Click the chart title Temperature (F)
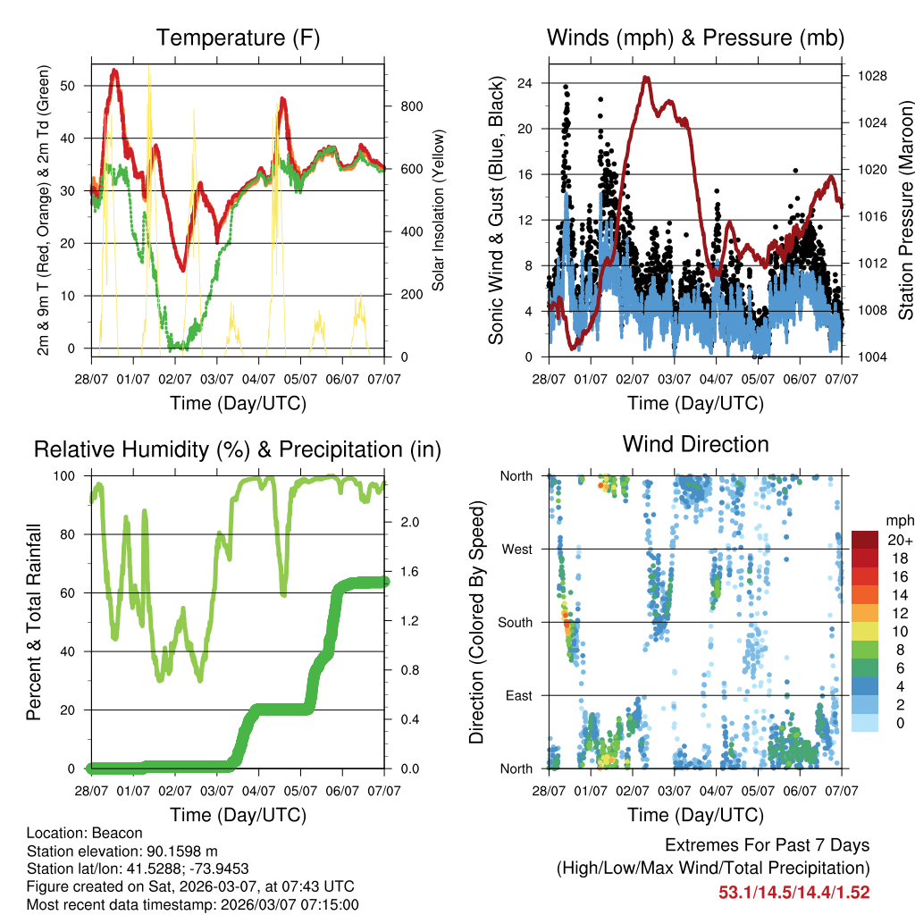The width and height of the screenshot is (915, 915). tap(238, 38)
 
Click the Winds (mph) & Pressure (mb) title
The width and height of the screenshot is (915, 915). tap(695, 38)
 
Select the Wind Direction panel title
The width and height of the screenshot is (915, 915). tap(695, 444)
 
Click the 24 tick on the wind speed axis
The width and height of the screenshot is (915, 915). tap(525, 83)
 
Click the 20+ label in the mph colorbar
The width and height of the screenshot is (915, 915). tap(900, 540)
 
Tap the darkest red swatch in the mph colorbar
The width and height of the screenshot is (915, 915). tap(864, 539)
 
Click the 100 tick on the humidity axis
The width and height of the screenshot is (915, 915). tap(71, 476)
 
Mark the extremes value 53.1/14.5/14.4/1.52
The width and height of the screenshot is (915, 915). tap(794, 892)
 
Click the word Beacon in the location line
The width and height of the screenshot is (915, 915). tap(105, 832)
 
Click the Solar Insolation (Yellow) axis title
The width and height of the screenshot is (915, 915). tap(438, 210)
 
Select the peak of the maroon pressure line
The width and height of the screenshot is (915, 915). tap(645, 78)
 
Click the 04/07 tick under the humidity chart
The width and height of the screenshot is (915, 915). tap(258, 791)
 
